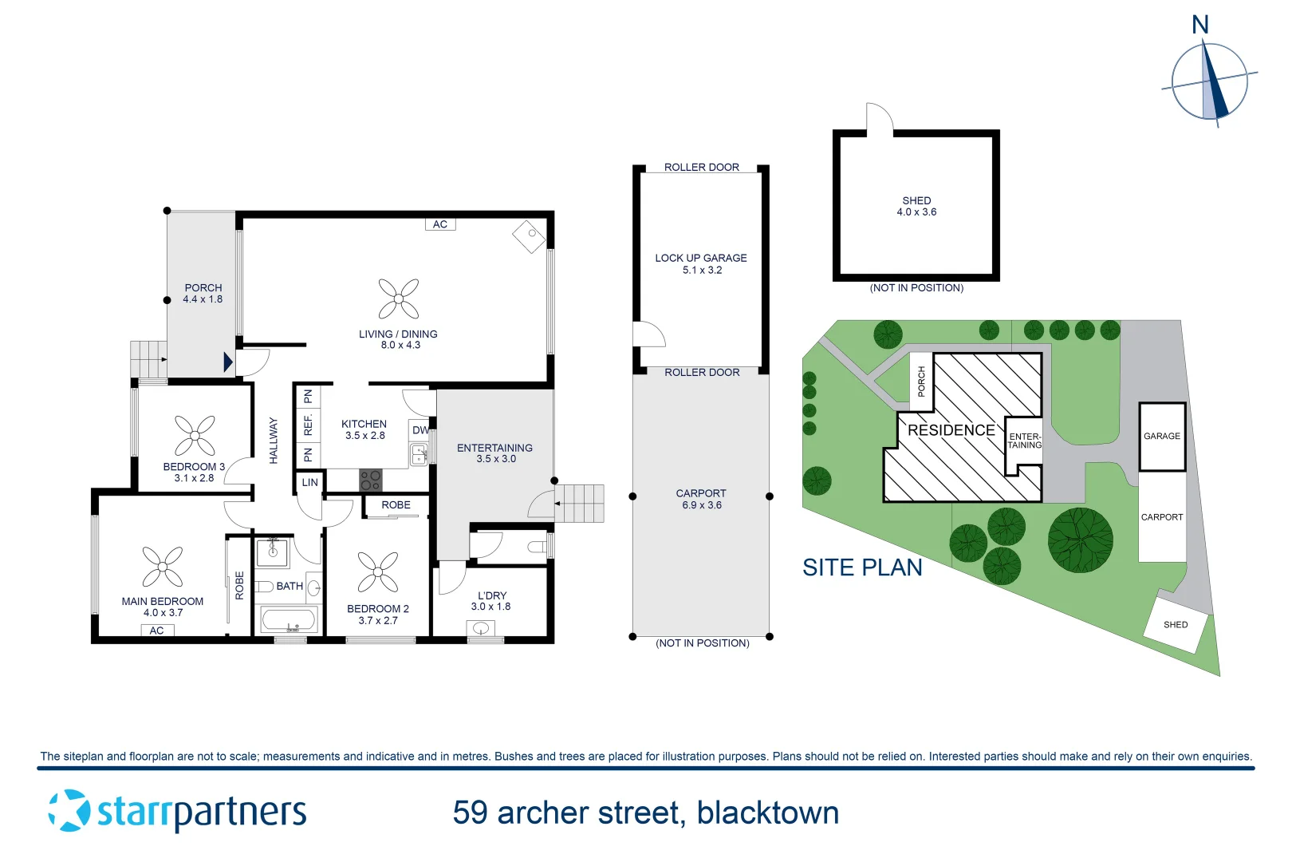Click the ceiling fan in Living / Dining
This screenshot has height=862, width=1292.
point(399,299)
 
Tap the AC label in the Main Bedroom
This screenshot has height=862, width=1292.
point(156,631)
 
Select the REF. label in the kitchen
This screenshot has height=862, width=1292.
point(308,425)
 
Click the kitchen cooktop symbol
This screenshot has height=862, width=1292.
point(371,480)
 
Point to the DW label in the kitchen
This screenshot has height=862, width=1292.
point(420,430)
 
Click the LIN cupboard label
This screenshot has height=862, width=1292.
point(309,482)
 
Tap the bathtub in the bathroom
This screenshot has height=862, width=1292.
point(289,620)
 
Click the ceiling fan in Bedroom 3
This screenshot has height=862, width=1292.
point(195,435)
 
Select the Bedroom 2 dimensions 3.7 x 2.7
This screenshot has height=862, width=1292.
point(378,621)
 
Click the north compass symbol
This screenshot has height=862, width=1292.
point(1210,82)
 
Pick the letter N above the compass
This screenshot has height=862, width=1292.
point(1200,25)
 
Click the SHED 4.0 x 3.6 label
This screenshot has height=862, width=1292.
point(916,206)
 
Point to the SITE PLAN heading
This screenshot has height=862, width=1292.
point(862,567)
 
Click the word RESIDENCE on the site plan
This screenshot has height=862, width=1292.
point(951,430)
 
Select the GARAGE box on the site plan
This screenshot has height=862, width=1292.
point(1162,437)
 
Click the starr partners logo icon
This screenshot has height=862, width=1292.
point(69,811)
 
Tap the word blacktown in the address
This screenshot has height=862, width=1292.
point(768,813)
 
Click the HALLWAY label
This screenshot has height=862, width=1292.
point(274,441)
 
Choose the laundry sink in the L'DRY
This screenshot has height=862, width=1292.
point(480,627)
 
